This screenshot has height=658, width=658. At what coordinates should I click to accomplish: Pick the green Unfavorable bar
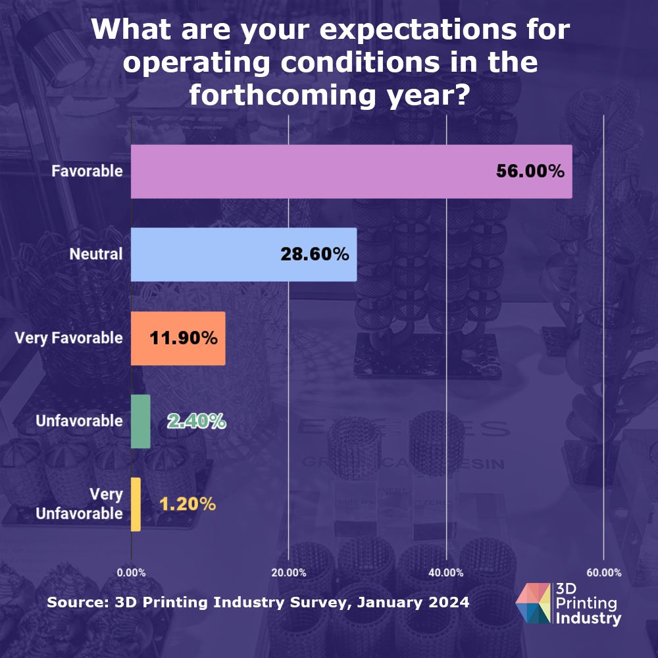coord(141,421)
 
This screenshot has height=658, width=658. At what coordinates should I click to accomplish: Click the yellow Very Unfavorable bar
coord(136,504)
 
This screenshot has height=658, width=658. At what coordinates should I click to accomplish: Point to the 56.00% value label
coord(530,172)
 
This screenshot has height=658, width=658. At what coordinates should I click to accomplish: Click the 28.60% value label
coord(315,255)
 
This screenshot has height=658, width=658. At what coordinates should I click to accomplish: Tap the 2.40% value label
coord(196,421)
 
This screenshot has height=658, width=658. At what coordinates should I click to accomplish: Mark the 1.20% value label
coord(188,505)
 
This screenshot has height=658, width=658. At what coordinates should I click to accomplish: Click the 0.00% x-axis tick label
coord(131,573)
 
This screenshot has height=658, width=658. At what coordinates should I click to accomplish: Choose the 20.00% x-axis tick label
coord(288,573)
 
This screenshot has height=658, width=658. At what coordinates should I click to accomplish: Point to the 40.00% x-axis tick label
coord(445,573)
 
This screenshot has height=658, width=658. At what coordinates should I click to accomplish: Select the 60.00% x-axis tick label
coord(603,573)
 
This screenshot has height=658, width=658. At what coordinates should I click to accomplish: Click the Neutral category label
coord(96,255)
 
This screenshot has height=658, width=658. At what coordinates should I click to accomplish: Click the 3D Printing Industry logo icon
coord(534,603)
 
